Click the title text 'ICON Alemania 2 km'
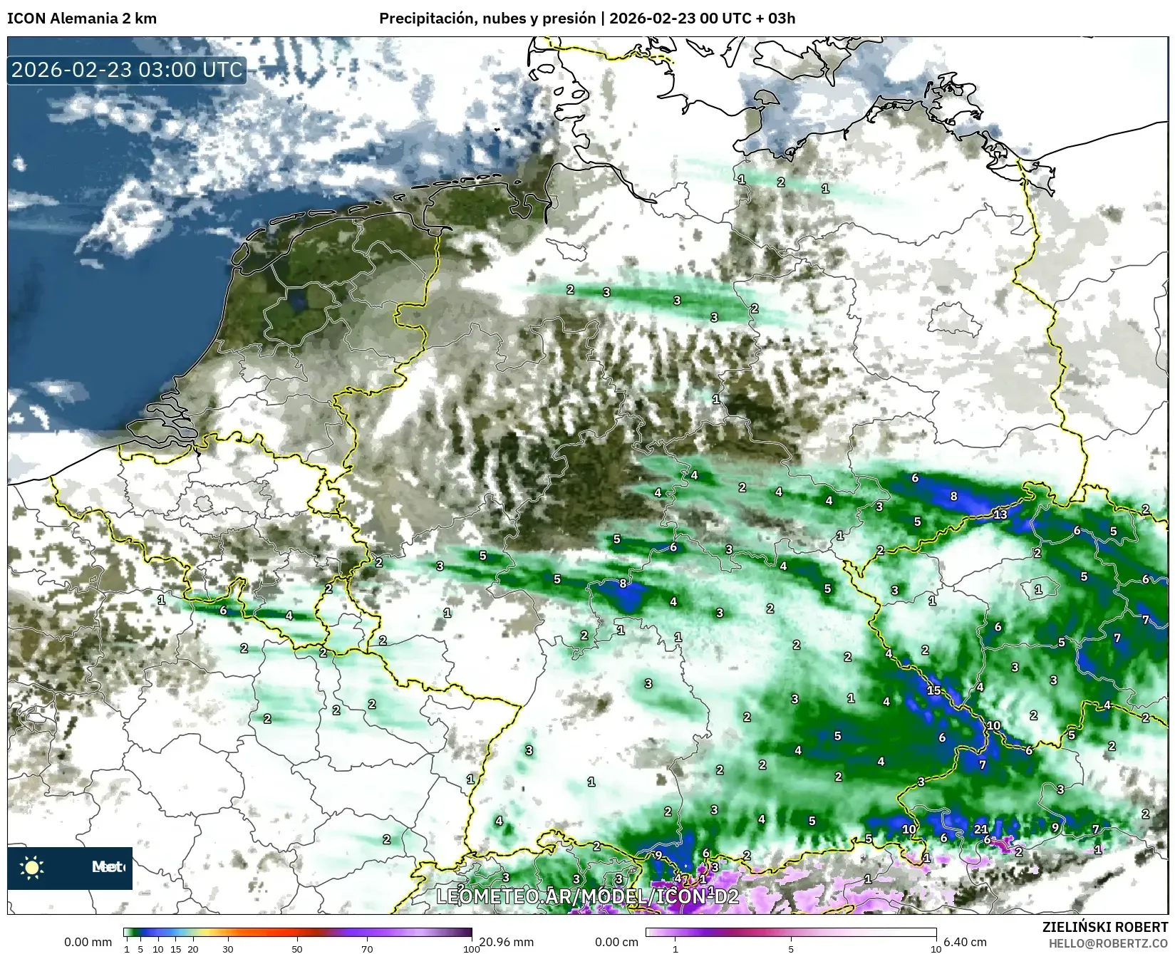coord(82,19)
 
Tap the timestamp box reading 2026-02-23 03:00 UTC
coord(128,70)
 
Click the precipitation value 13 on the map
coord(1000,514)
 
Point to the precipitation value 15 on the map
coord(933,690)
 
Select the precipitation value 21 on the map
coord(981,829)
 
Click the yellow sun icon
coord(32,867)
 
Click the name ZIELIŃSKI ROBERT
coord(1105,928)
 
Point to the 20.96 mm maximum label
coord(506,942)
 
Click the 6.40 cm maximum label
coord(965,942)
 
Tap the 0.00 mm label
coord(88,942)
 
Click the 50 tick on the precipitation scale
coord(297,948)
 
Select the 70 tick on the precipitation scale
coord(367,948)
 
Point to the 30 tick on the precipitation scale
coord(227,948)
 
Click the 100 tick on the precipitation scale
coord(471,948)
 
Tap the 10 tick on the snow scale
coord(936,948)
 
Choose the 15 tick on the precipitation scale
coord(175,948)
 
